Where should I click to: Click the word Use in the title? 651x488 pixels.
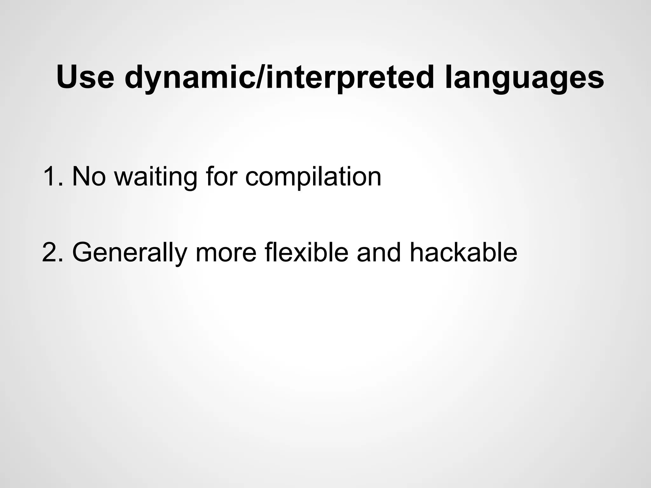tap(85, 77)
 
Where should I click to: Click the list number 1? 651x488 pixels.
tap(51, 176)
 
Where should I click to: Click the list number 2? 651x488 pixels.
tap(51, 252)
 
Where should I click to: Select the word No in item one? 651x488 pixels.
tap(89, 176)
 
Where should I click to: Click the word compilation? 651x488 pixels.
tap(313, 176)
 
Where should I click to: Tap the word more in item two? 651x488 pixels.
tap(226, 252)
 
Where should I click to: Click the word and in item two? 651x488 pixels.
tap(379, 252)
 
